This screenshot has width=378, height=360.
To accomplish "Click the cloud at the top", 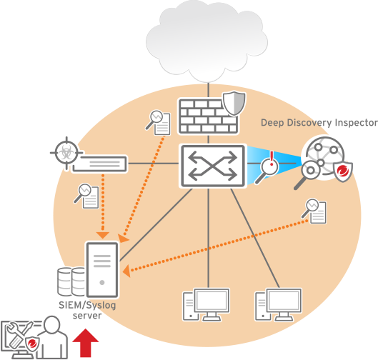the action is (207, 41).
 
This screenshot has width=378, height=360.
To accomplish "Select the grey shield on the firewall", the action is (234, 103).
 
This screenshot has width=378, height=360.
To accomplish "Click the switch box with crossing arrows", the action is (213, 166).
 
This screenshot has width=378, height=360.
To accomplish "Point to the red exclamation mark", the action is (272, 159).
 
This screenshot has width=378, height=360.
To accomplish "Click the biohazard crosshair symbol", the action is (66, 153).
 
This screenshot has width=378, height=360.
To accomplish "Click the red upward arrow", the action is (85, 343).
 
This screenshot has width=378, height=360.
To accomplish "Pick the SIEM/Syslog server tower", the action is (102, 269).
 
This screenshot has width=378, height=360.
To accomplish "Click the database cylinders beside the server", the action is (71, 281).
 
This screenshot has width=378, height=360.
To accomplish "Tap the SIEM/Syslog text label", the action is (87, 305).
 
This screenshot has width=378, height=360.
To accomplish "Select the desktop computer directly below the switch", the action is (206, 304).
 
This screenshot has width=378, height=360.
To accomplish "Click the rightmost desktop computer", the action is (278, 304).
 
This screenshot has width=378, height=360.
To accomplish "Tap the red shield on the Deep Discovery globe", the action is (342, 171).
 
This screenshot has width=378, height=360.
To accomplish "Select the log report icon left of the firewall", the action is (158, 123).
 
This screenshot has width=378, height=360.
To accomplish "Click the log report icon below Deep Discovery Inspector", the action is (314, 211).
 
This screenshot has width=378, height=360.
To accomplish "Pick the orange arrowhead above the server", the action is (103, 235).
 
